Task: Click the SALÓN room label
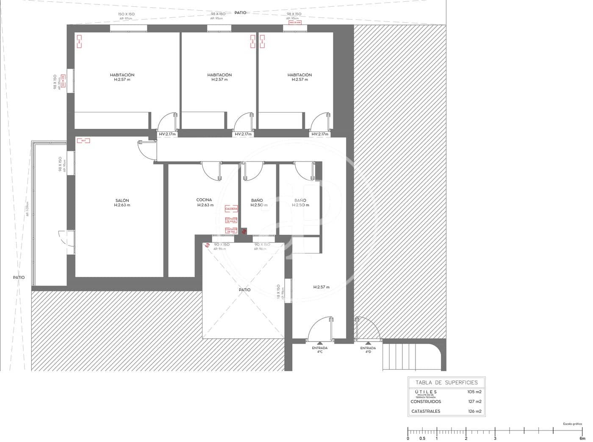(122, 200)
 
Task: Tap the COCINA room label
(204, 200)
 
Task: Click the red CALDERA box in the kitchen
(231, 209)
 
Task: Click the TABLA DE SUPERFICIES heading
(446, 382)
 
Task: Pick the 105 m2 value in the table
(474, 392)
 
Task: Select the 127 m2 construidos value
(474, 401)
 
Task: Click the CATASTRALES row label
(426, 411)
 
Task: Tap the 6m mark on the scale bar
(582, 439)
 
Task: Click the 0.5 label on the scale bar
(422, 439)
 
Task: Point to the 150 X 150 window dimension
(126, 14)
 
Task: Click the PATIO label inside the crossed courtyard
(244, 290)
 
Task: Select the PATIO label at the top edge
(240, 13)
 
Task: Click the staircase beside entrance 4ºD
(400, 357)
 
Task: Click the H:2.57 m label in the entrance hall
(321, 287)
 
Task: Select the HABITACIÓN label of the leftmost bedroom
(122, 75)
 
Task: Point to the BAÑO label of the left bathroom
(257, 200)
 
